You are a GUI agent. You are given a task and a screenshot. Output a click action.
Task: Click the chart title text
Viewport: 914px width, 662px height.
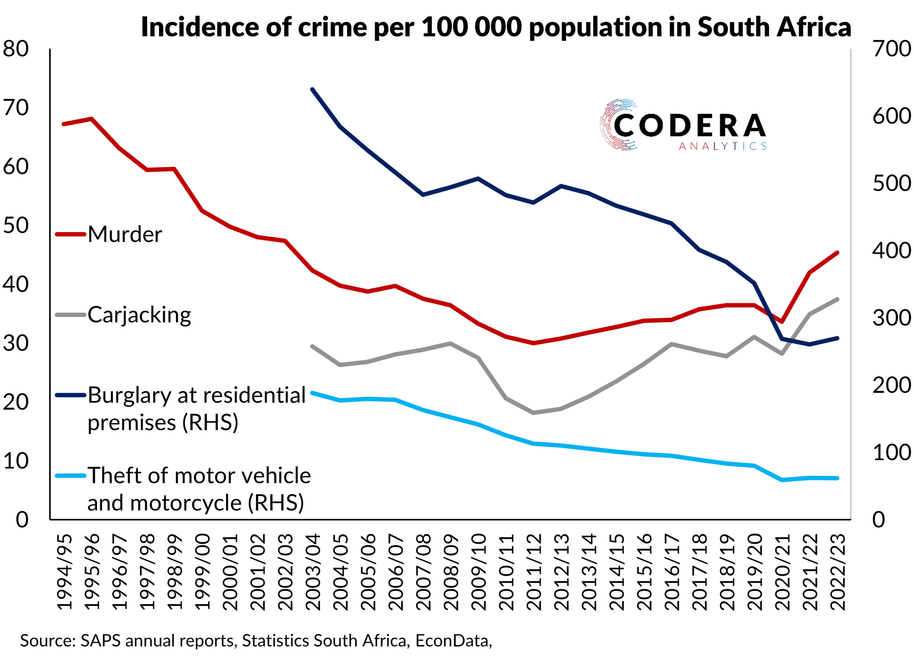[496, 27]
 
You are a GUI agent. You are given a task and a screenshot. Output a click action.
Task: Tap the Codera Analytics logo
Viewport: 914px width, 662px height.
[683, 125]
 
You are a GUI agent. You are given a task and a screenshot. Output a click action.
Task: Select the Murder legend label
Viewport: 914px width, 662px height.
[125, 234]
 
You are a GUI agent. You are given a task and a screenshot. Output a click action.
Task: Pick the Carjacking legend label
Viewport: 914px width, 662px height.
[139, 315]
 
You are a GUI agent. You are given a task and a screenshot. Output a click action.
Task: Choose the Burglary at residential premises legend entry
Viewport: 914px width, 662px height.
[197, 408]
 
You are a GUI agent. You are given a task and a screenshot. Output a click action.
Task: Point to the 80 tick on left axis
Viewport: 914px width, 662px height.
[16, 49]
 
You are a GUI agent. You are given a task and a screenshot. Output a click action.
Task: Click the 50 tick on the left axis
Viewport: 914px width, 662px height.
[16, 226]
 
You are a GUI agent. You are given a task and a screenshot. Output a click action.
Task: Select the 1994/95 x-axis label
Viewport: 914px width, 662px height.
[65, 572]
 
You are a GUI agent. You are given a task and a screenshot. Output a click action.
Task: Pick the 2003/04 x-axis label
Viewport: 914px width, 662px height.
[313, 572]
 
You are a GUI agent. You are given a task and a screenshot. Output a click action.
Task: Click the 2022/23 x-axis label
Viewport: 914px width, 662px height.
[838, 572]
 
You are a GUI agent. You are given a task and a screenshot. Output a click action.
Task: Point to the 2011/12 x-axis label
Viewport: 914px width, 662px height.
[534, 572]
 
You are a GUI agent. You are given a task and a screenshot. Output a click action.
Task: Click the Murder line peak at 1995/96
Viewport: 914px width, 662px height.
[91, 119]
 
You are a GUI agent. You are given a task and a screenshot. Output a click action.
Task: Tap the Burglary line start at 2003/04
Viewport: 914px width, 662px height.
[312, 89]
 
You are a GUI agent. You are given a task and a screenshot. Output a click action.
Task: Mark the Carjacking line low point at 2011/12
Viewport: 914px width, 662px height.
[533, 413]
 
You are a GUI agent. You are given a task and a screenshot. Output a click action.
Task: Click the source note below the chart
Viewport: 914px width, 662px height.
[256, 640]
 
